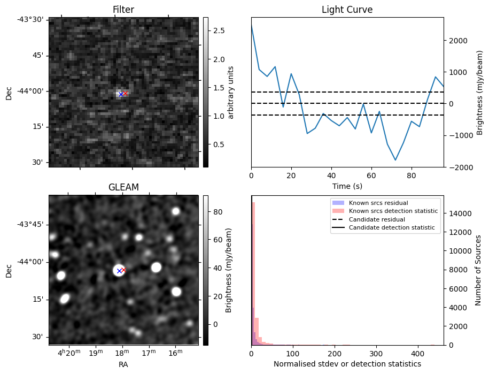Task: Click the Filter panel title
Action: [123, 10]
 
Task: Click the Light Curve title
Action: [347, 10]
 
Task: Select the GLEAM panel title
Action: [123, 187]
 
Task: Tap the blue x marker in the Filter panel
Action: [121, 94]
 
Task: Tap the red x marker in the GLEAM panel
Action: [123, 270]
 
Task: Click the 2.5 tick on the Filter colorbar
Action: [213, 31]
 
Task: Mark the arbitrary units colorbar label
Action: [231, 92]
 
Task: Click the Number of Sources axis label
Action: [478, 270]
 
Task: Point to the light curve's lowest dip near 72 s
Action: [395, 160]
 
